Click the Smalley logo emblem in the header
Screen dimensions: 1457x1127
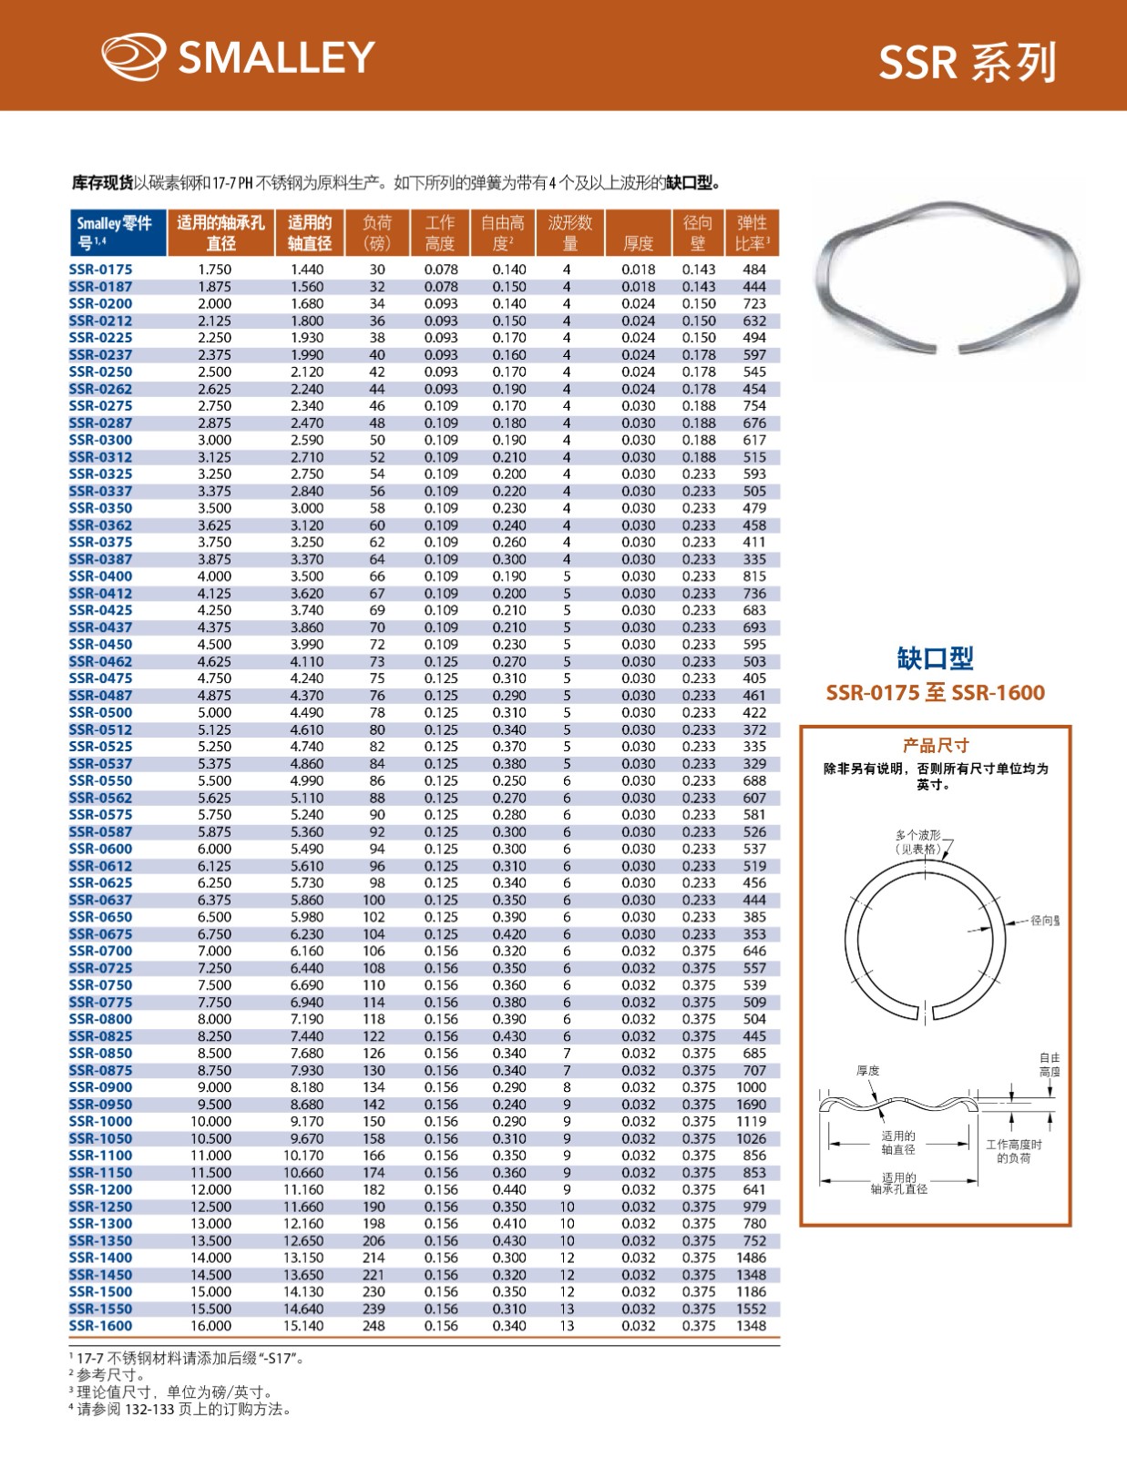pyautogui.click(x=133, y=56)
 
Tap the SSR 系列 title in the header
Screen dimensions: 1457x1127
pyautogui.click(x=967, y=63)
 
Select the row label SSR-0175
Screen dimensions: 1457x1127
pyautogui.click(x=100, y=270)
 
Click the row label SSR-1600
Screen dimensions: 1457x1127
pyautogui.click(x=100, y=1326)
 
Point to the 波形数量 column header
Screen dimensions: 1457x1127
pyautogui.click(x=569, y=233)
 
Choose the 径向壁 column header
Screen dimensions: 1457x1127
pyautogui.click(x=697, y=233)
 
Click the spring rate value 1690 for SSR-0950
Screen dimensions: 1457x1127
pyautogui.click(x=752, y=1105)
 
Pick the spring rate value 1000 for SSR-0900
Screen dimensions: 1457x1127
pyautogui.click(x=752, y=1087)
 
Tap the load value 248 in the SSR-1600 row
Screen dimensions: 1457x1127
pyautogui.click(x=374, y=1326)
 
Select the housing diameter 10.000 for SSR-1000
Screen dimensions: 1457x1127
pyautogui.click(x=211, y=1121)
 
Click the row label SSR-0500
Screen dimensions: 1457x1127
pyautogui.click(x=100, y=712)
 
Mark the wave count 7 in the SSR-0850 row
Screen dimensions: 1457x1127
pyautogui.click(x=567, y=1054)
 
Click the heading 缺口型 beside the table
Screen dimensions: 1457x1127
pyautogui.click(x=935, y=657)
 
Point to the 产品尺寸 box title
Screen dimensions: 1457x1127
pyautogui.click(x=935, y=745)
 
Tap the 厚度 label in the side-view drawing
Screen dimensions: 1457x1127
pyautogui.click(x=867, y=1071)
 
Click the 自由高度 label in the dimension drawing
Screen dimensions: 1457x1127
pyautogui.click(x=1050, y=1065)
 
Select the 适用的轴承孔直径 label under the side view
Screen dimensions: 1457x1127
pyautogui.click(x=898, y=1184)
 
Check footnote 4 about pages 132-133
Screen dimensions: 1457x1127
pyautogui.click(x=182, y=1410)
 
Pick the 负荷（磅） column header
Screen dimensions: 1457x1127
pyautogui.click(x=376, y=233)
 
